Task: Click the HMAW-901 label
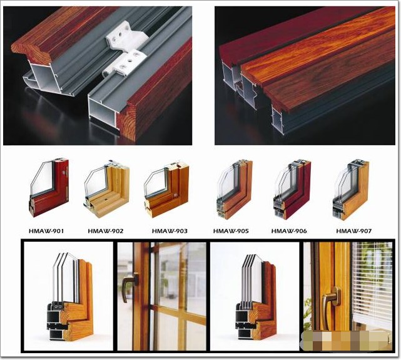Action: pyautogui.click(x=46, y=231)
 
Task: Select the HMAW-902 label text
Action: pyautogui.click(x=106, y=231)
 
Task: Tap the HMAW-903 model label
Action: pyautogui.click(x=170, y=231)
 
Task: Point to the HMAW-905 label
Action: pyautogui.click(x=231, y=231)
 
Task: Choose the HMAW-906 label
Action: pyautogui.click(x=289, y=231)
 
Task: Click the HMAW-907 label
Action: pyautogui.click(x=353, y=231)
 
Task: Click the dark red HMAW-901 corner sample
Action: pyautogui.click(x=49, y=188)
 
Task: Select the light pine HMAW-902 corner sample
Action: pyautogui.click(x=106, y=189)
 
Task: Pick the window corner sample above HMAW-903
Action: pyautogui.click(x=167, y=190)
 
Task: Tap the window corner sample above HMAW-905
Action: pyautogui.click(x=235, y=190)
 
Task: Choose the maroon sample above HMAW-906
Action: pyautogui.click(x=293, y=190)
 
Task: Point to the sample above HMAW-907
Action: pyautogui.click(x=351, y=190)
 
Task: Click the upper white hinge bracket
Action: pyautogui.click(x=120, y=37)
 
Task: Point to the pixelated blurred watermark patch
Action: pyautogui.click(x=347, y=341)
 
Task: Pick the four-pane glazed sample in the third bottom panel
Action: pyautogui.click(x=256, y=297)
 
